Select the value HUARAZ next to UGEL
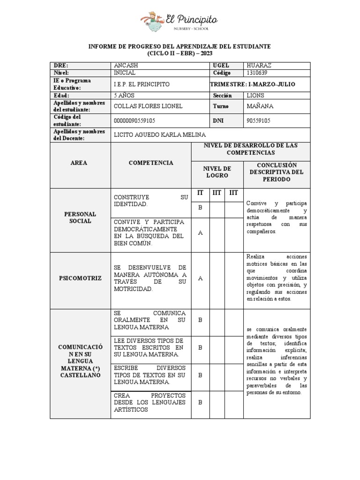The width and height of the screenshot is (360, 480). pyautogui.click(x=259, y=66)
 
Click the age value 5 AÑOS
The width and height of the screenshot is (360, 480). pyautogui.click(x=126, y=95)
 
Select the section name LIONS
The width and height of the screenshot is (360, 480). pyautogui.click(x=255, y=95)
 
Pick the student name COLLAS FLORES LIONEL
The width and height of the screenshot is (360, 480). pyautogui.click(x=148, y=106)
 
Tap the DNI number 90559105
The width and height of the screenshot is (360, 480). pyautogui.click(x=259, y=121)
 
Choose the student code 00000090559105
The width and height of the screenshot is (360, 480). pyautogui.click(x=135, y=121)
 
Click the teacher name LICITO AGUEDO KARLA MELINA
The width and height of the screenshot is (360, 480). pyautogui.click(x=160, y=135)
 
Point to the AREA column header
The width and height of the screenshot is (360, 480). pyautogui.click(x=79, y=163)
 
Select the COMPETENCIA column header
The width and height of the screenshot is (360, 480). pyautogui.click(x=151, y=163)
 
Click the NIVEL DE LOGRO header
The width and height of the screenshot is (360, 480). pyautogui.click(x=217, y=172)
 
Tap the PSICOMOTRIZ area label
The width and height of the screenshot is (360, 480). pyautogui.click(x=80, y=278)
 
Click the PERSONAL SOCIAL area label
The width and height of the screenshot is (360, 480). pyautogui.click(x=80, y=217)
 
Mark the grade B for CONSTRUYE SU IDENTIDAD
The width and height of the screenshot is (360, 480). pyautogui.click(x=200, y=207)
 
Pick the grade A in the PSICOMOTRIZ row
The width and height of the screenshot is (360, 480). pyautogui.click(x=200, y=278)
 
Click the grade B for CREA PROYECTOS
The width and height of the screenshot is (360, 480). pyautogui.click(x=200, y=402)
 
